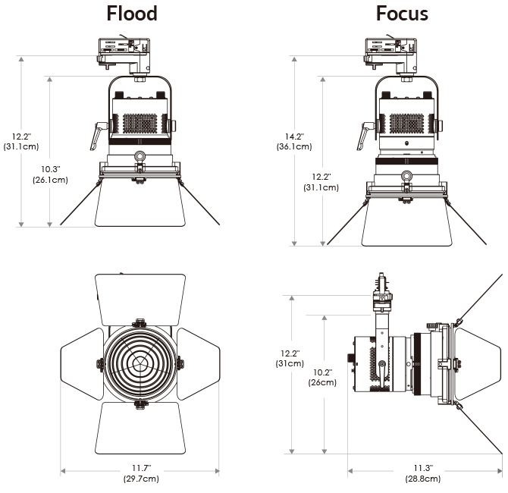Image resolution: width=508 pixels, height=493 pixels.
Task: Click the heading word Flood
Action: pyautogui.click(x=132, y=14)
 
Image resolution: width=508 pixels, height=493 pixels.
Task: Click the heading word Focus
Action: pyautogui.click(x=402, y=14)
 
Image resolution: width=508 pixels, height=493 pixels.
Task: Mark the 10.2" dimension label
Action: pyautogui.click(x=322, y=372)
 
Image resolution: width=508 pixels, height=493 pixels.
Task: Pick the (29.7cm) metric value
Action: pyautogui.click(x=140, y=479)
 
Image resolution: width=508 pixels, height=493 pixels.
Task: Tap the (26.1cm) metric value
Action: pyautogui.click(x=50, y=180)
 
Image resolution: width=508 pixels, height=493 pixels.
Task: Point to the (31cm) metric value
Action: pyautogui.click(x=291, y=363)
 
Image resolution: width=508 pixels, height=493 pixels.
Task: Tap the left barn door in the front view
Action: pyautogui.click(x=82, y=363)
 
